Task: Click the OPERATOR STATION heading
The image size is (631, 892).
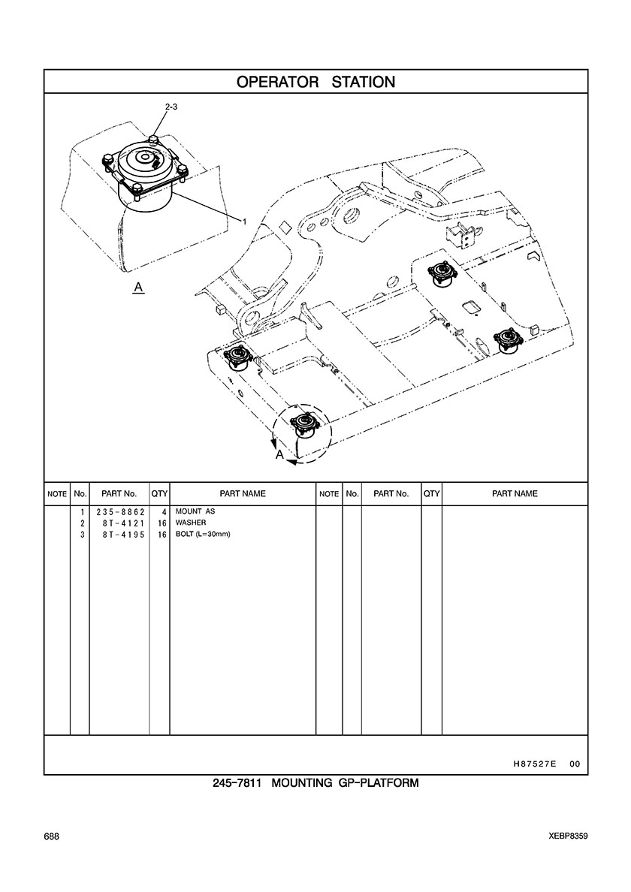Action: [x=315, y=82]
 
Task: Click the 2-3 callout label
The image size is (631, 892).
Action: [x=171, y=107]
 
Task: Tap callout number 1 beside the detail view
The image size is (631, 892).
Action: [x=245, y=221]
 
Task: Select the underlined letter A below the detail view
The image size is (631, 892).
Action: [x=138, y=288]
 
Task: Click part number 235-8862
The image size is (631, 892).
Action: [x=121, y=512]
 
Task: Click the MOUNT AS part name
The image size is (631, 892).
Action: [x=195, y=511]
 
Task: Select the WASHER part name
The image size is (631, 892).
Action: [x=191, y=523]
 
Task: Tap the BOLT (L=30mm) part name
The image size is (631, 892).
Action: [x=203, y=534]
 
